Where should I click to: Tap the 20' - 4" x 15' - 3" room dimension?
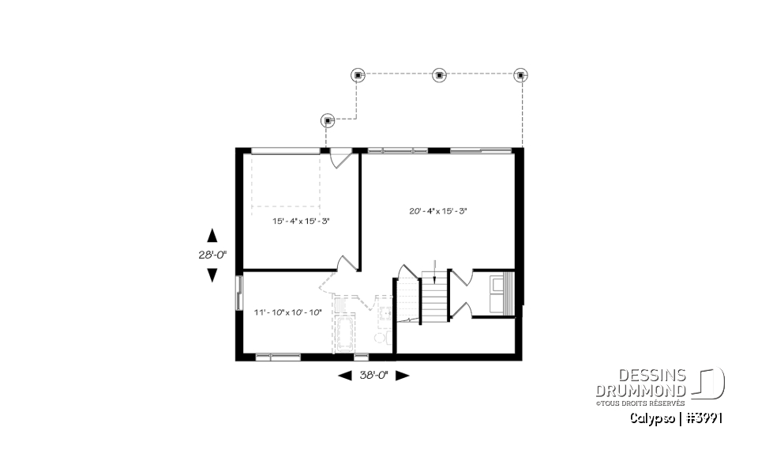(438, 211)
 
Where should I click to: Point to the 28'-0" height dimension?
(211, 255)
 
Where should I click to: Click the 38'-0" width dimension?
(373, 376)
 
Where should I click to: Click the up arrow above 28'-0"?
(211, 235)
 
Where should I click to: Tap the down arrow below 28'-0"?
(211, 274)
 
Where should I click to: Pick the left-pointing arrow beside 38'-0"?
(344, 376)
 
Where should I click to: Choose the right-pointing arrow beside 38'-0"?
(403, 376)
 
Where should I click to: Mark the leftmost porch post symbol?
(328, 120)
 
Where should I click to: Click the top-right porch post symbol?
(520, 75)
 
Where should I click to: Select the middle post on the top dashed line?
(439, 75)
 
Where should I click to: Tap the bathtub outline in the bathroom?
(346, 335)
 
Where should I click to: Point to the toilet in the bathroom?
(379, 338)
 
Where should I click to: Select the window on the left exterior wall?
(238, 293)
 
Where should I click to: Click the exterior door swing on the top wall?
(340, 157)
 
